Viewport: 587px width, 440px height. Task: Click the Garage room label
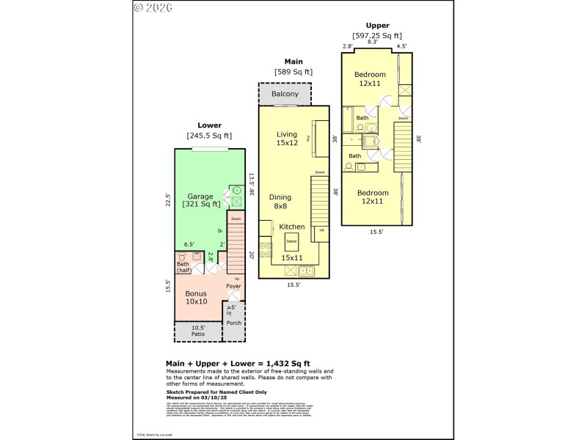200,197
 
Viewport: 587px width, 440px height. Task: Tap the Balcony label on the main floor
285,94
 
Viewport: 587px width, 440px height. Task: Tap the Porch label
233,323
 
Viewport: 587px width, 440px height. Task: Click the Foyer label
233,287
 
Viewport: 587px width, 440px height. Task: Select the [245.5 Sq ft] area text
208,135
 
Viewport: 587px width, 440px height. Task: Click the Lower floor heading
209,125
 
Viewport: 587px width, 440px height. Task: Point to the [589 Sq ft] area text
293,72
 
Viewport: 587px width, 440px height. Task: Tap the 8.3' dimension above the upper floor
372,43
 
